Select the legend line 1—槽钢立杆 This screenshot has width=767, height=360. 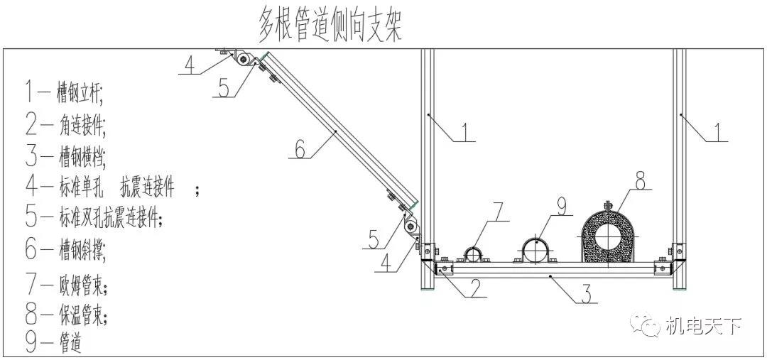[x=64, y=92]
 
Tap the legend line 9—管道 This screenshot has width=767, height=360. [x=53, y=344]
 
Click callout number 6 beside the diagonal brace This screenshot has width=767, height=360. [x=300, y=149]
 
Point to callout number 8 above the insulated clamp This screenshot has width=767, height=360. [x=641, y=182]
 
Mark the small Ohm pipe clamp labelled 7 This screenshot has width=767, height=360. [x=475, y=254]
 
